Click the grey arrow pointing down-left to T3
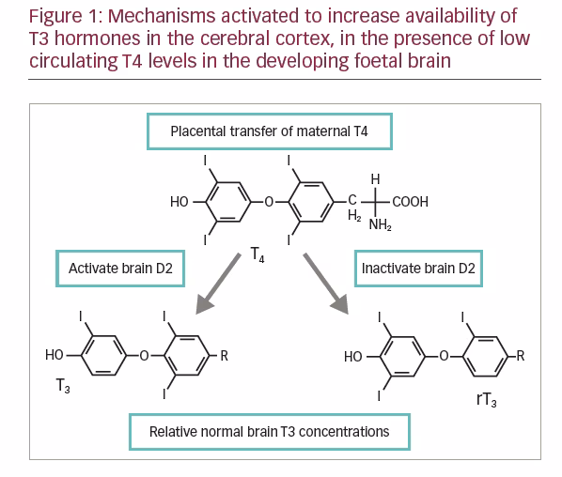(218, 284)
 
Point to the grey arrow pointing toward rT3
(326, 284)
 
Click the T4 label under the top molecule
(258, 254)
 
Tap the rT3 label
(487, 399)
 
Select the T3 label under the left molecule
(63, 386)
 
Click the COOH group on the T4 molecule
(410, 202)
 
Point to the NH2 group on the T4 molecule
(381, 225)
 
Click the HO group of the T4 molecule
(180, 202)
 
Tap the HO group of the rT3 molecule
(353, 357)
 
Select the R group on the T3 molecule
(224, 356)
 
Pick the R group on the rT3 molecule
(521, 356)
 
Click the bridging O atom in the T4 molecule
(269, 202)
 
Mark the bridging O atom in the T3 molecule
(144, 356)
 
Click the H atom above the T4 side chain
(375, 179)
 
